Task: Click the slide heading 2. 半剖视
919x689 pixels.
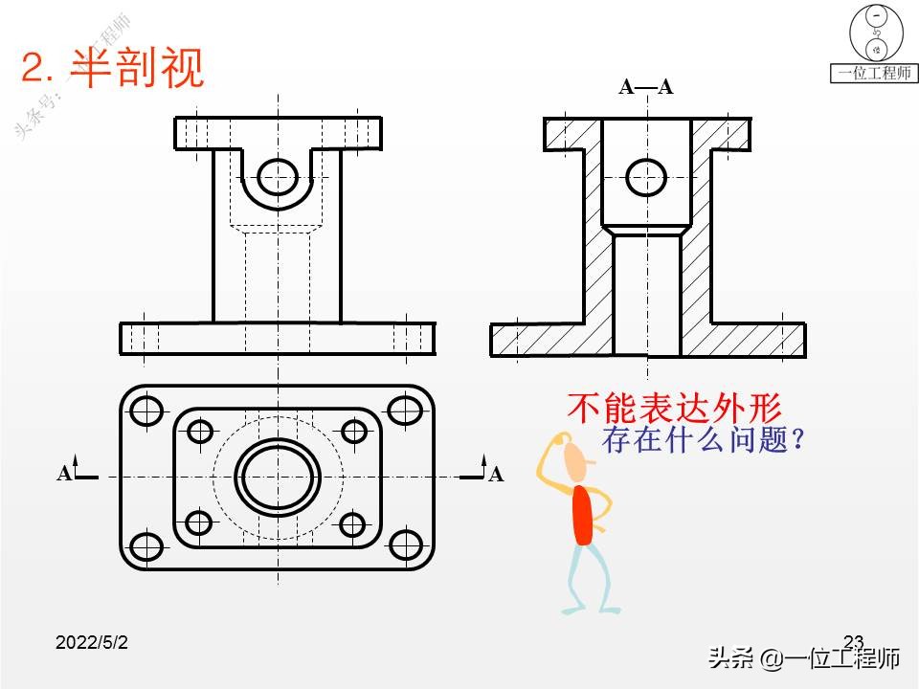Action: (x=113, y=68)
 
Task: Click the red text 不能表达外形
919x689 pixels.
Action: (x=674, y=409)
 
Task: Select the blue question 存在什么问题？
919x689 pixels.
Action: (x=701, y=441)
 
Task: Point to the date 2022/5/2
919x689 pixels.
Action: (x=92, y=643)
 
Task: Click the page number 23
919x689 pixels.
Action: (x=854, y=641)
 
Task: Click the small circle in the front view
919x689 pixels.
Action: (x=278, y=175)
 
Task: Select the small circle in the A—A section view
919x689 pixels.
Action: (x=646, y=176)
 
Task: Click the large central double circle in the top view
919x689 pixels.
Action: (x=279, y=476)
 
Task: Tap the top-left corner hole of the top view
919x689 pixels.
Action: (x=146, y=410)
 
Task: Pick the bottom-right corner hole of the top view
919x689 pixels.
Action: (x=407, y=545)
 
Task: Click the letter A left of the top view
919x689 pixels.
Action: (x=64, y=474)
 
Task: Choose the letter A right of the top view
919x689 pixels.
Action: (x=496, y=474)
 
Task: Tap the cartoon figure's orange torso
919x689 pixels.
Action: (x=582, y=515)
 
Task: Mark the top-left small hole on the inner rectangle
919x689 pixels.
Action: (x=199, y=431)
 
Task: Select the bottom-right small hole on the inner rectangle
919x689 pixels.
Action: (x=353, y=523)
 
